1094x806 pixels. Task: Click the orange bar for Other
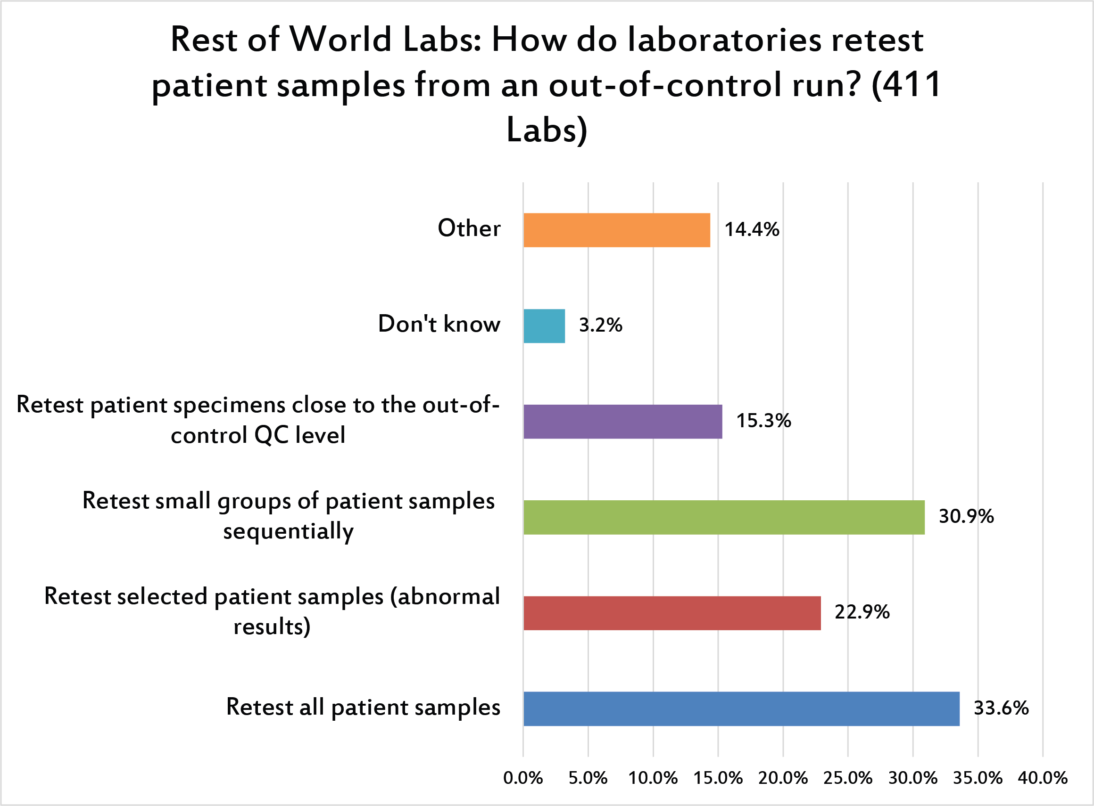(x=616, y=230)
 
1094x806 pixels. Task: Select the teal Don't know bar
(x=544, y=326)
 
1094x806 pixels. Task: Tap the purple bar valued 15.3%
(x=623, y=422)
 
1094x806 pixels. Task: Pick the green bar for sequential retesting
(x=724, y=517)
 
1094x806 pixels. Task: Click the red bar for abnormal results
(x=672, y=613)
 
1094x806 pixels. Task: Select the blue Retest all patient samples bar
(x=741, y=708)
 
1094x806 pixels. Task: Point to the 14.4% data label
(x=752, y=230)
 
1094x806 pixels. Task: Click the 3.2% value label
(x=600, y=326)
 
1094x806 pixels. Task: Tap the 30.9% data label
(x=966, y=517)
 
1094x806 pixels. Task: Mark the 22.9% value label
(x=862, y=612)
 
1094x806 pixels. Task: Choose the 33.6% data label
(x=1001, y=708)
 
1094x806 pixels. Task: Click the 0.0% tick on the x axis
(x=523, y=778)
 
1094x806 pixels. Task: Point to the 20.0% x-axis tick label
(x=783, y=778)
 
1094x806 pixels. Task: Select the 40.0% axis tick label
(x=1043, y=778)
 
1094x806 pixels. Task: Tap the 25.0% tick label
(x=848, y=778)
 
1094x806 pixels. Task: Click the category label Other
(x=469, y=228)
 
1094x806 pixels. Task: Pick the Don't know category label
(x=439, y=324)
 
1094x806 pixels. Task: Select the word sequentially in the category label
(x=288, y=531)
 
